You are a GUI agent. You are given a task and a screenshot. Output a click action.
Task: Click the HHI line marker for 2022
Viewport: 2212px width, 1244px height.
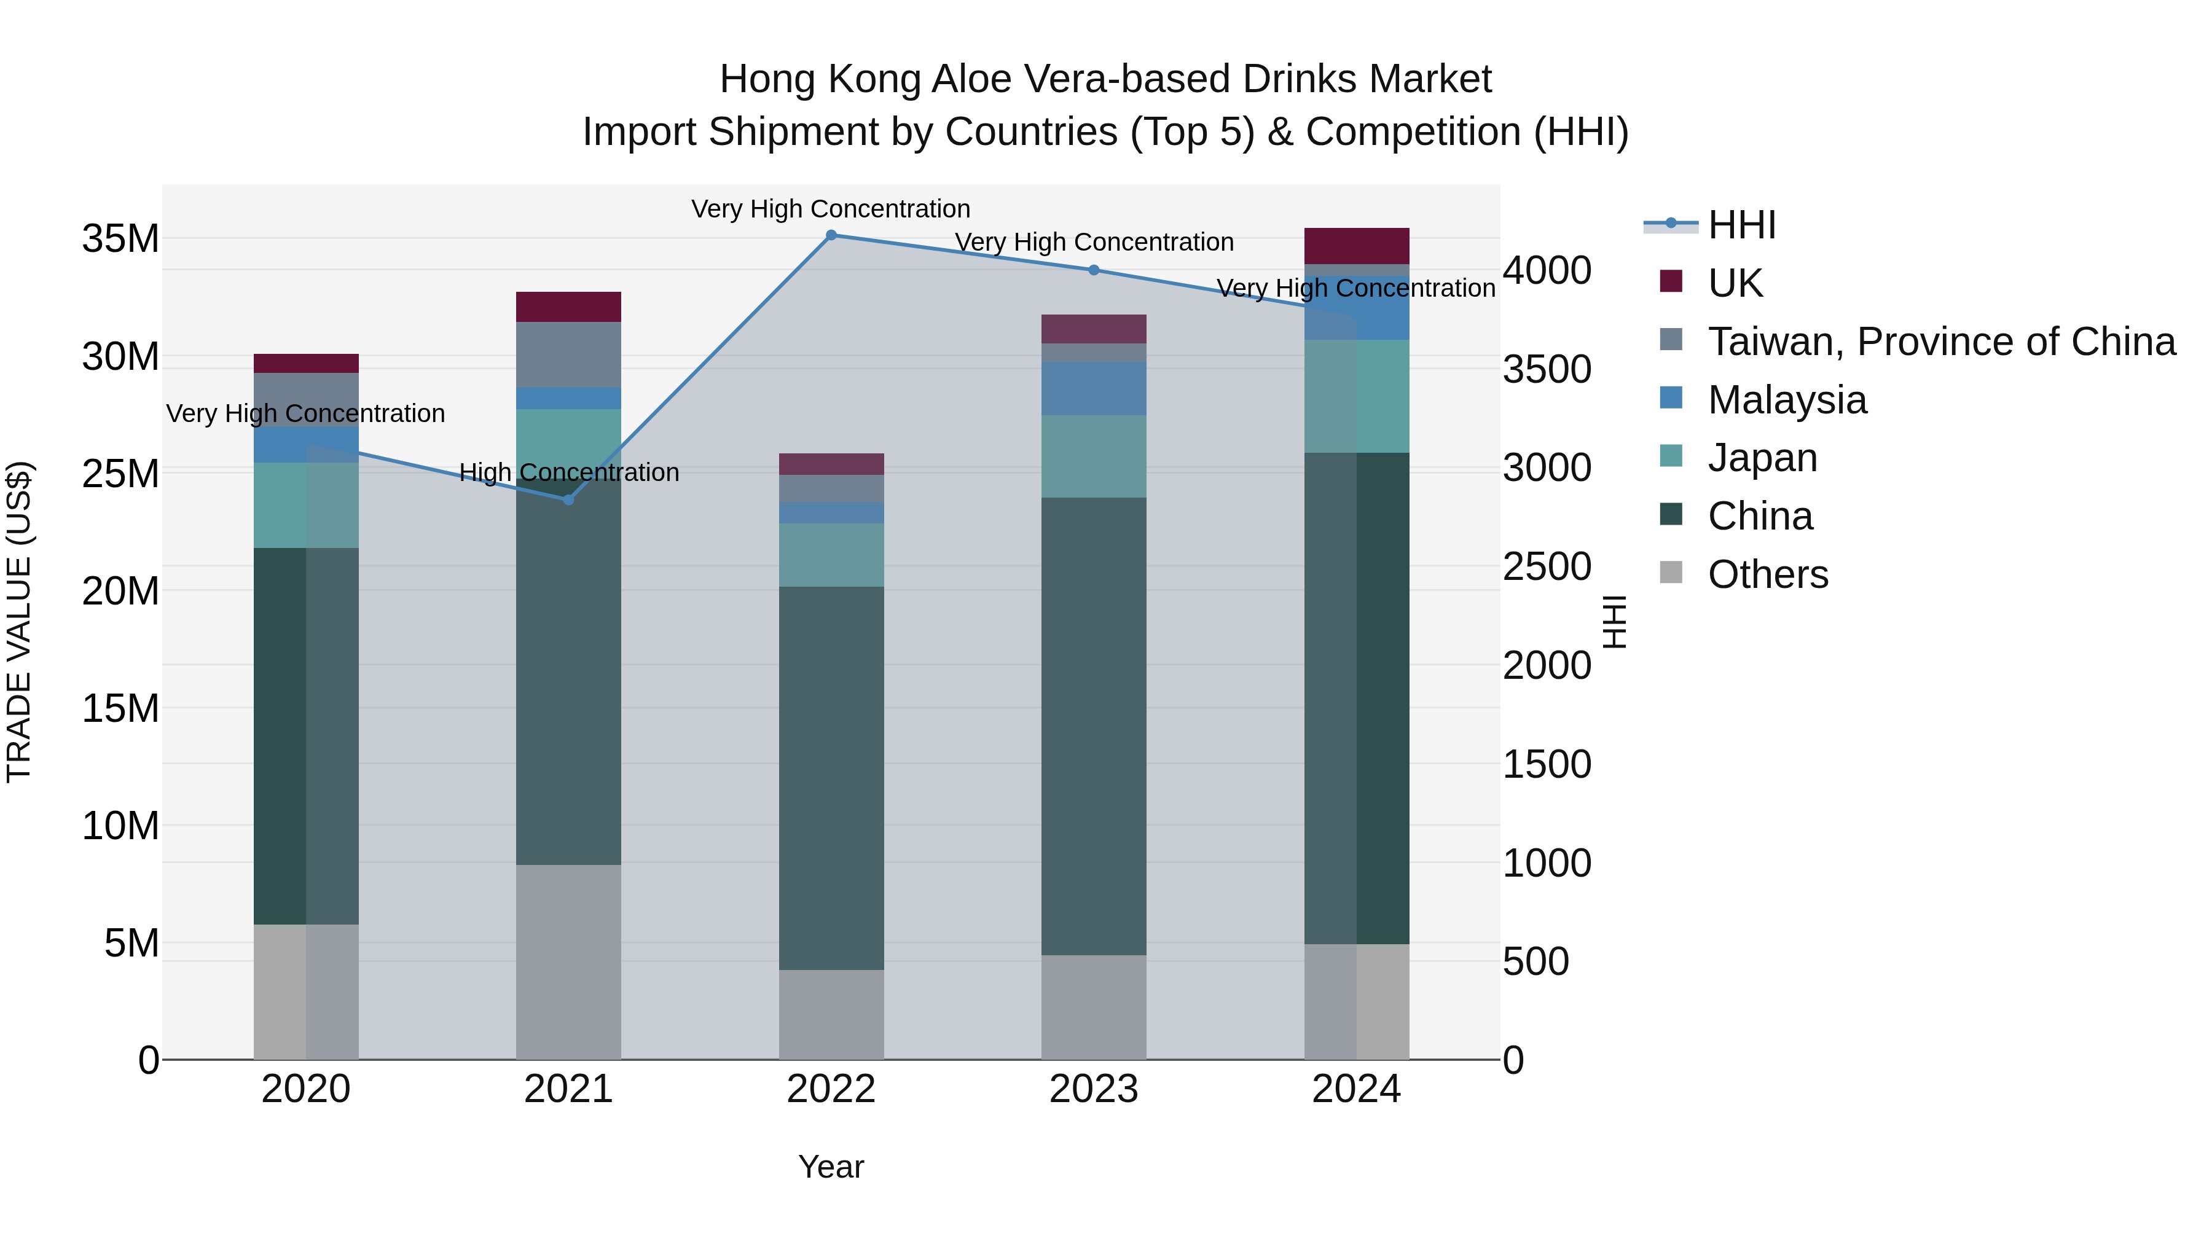831,235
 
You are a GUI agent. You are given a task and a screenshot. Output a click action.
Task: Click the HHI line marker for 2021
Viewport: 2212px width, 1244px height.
568,499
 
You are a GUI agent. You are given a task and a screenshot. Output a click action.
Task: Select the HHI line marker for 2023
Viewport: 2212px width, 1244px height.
1094,270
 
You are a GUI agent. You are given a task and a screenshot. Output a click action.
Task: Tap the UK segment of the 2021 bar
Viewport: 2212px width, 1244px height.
568,307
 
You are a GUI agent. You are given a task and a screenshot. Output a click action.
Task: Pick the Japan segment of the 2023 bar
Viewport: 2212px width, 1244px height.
1094,456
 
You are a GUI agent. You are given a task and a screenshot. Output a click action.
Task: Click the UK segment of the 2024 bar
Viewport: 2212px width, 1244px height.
1357,246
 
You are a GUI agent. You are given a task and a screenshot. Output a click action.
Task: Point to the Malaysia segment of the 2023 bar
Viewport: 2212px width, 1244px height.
1094,388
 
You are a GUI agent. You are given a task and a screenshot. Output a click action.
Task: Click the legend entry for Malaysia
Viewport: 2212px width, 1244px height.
1787,400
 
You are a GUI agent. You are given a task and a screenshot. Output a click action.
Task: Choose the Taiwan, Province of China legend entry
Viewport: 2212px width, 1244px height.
1940,342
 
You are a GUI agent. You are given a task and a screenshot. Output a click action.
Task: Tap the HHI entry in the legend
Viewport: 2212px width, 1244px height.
1741,225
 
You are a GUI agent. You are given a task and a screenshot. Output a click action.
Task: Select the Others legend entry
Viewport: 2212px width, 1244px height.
1767,574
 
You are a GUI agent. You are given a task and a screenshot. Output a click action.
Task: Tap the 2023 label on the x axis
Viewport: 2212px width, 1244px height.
1094,1089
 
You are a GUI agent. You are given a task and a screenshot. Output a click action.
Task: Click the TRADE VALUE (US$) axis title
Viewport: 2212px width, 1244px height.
19,622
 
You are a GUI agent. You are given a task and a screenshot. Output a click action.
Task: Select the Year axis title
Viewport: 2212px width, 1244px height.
831,1167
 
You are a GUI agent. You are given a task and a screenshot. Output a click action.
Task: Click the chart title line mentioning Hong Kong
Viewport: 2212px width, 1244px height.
1105,79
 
